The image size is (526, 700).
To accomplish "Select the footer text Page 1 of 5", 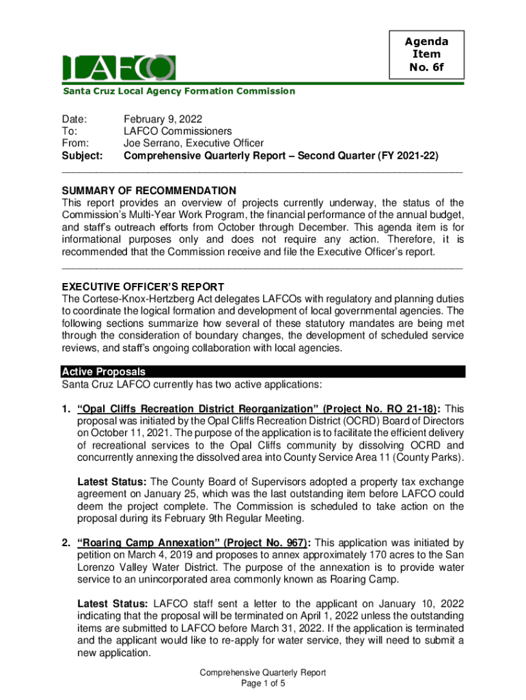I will pos(262,684).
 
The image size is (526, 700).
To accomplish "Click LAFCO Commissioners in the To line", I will pos(178,131).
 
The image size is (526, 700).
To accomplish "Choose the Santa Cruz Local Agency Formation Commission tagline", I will pos(179,91).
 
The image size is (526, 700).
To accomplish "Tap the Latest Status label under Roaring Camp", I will pos(111,604).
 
